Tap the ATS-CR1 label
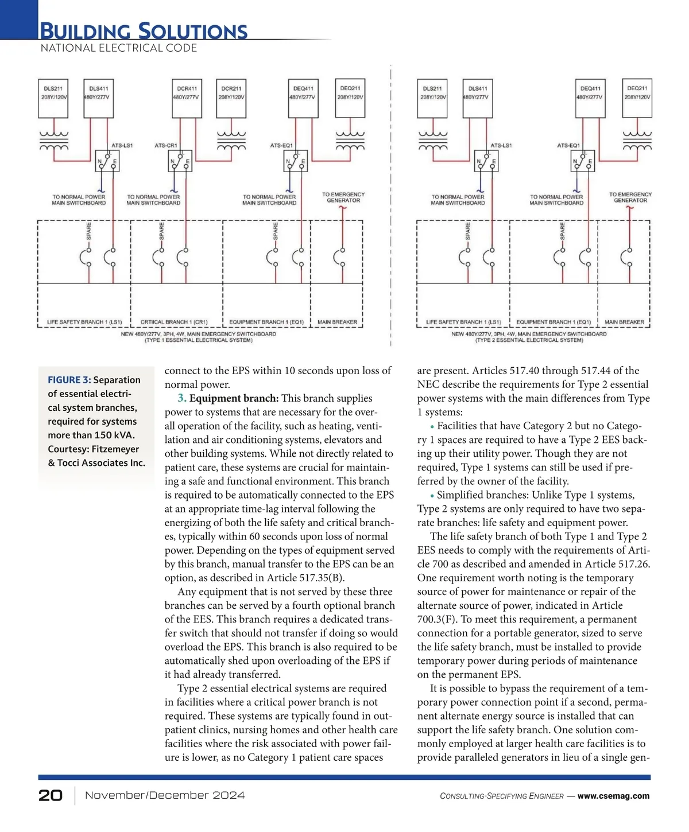tap(166, 145)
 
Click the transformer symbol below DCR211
tap(231, 141)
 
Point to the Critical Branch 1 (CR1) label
tap(174, 322)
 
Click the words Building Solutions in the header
tap(144, 30)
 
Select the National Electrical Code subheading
tap(119, 48)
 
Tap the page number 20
tap(51, 795)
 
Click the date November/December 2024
tap(165, 795)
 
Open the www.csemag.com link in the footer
tap(613, 796)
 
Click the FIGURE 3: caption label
tap(69, 380)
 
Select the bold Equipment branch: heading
tap(234, 398)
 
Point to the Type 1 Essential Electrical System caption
tap(199, 340)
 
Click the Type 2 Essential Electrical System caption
tap(529, 340)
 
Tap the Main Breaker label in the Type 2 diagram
tap(625, 322)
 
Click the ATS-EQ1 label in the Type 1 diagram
tap(281, 145)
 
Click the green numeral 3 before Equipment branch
tap(181, 398)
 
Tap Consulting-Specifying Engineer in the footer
tap(502, 796)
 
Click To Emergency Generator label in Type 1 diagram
tap(343, 197)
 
